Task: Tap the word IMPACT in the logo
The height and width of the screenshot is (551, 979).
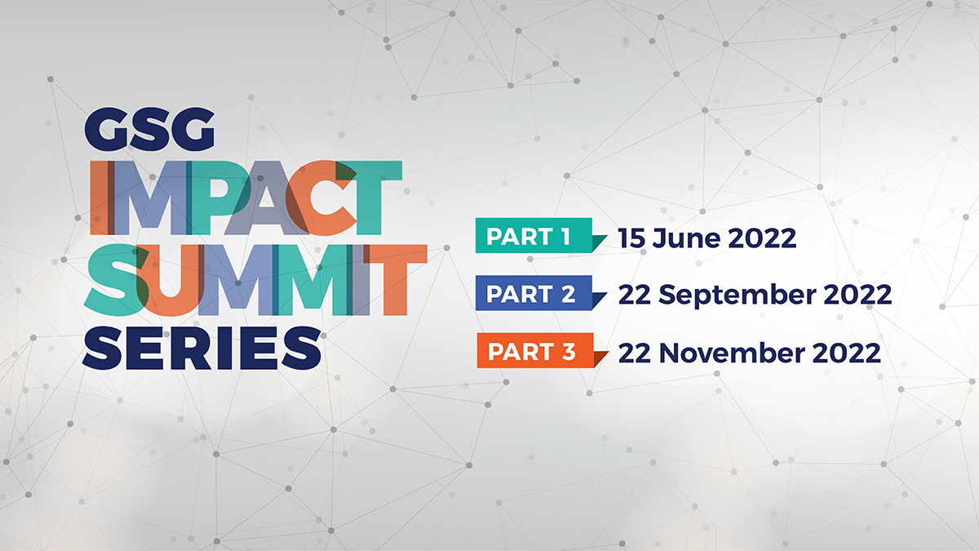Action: coord(245,197)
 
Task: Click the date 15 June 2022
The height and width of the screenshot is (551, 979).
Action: coord(707,238)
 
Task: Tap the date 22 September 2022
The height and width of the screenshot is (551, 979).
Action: coord(755,295)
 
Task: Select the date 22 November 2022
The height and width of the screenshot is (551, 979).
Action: coord(749,353)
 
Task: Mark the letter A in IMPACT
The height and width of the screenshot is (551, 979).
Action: coord(265,197)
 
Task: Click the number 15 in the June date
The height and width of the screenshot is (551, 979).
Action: coord(631,238)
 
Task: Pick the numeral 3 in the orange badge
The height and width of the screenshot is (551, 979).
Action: coord(569,353)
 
